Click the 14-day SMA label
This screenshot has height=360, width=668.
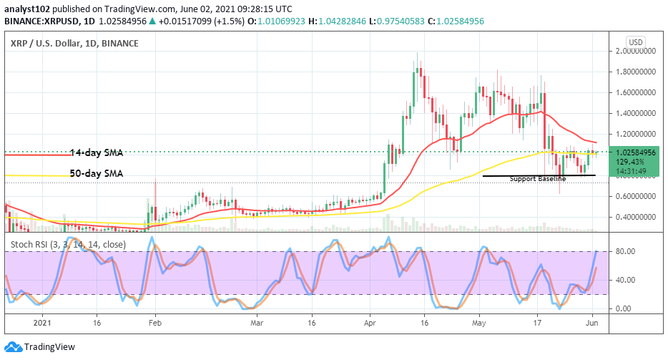click(x=96, y=153)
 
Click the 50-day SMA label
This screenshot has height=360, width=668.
click(x=96, y=173)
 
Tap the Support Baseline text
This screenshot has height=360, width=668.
click(x=537, y=179)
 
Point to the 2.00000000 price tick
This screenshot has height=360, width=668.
click(x=637, y=52)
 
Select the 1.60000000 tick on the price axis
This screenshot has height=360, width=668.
click(x=637, y=93)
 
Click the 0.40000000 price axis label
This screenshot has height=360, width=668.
click(x=637, y=217)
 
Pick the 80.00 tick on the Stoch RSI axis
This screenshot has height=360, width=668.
click(x=627, y=251)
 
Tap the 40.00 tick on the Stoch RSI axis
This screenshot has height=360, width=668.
click(x=627, y=280)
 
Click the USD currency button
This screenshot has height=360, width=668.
click(x=635, y=41)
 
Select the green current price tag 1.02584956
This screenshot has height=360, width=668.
click(x=636, y=152)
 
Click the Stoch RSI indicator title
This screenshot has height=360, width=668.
click(x=68, y=245)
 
